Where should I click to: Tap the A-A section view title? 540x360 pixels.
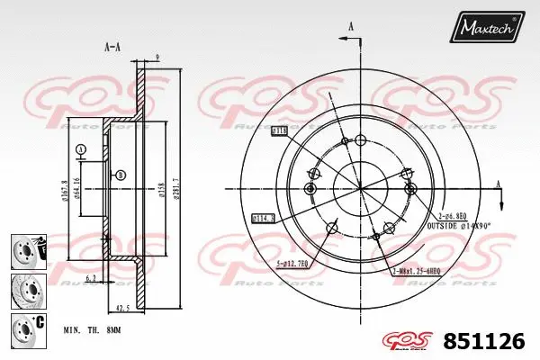click(113, 46)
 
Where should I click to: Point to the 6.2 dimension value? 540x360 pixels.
click(91, 279)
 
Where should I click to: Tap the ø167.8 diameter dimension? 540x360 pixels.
click(66, 190)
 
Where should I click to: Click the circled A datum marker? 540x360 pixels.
click(80, 148)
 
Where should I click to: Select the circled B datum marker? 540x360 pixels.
click(121, 175)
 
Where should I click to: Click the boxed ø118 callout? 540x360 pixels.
click(279, 130)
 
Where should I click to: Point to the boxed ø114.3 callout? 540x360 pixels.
click(263, 216)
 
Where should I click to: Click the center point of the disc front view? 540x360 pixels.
click(361, 188)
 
